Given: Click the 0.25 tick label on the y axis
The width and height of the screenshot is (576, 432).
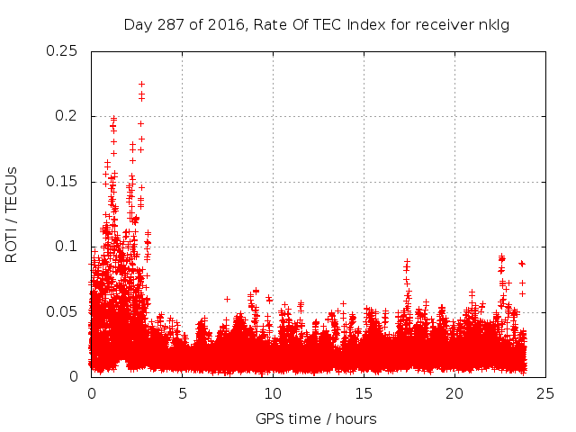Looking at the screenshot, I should [x=61, y=50].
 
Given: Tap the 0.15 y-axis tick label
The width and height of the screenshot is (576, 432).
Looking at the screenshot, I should [x=61, y=182].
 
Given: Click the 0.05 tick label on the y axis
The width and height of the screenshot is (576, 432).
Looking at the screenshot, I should [x=61, y=312].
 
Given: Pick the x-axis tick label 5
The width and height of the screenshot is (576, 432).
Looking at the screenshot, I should [x=182, y=393].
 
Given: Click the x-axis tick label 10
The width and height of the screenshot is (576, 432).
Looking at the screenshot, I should [x=273, y=393].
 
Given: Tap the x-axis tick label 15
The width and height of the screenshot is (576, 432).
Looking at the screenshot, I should [x=364, y=393].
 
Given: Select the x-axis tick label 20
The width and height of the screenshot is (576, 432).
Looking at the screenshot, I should [x=454, y=393].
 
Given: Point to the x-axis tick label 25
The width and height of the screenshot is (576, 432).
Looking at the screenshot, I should [x=545, y=393].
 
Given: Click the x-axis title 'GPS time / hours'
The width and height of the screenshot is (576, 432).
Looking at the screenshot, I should [x=316, y=418].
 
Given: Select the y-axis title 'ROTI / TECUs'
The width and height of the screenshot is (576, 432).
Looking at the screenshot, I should [x=12, y=213].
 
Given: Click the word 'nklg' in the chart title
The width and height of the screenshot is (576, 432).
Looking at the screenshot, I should [x=495, y=24].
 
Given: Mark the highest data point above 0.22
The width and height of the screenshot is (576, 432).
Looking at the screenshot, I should [x=141, y=84].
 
